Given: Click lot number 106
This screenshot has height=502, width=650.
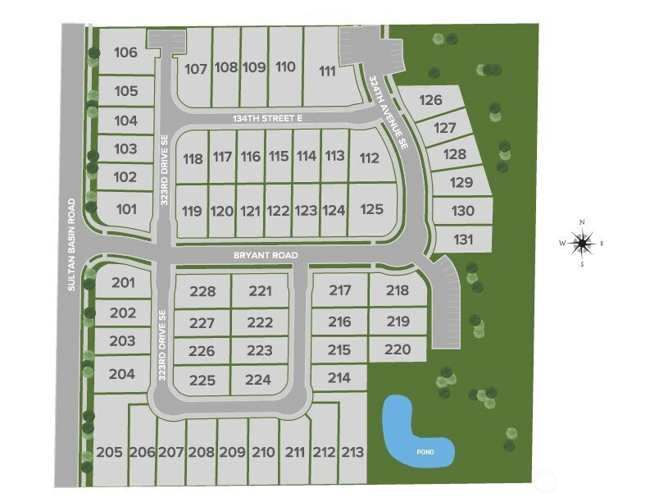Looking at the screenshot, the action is pos(125,52).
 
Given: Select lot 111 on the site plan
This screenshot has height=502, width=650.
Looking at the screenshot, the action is pos(327,71).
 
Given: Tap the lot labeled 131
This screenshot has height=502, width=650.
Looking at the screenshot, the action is pos(463,240).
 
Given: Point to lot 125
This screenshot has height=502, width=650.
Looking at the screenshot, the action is pos(371,209).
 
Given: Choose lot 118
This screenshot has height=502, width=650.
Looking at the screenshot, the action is pos(193,158).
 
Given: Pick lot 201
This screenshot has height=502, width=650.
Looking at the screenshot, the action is pos(123,283).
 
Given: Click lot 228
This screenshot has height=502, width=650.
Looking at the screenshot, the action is pos(202,291).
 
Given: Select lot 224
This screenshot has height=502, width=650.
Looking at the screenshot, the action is pos(258,380).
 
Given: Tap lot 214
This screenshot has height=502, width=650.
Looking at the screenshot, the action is pos(339,377).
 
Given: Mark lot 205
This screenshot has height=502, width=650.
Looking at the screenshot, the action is pos(109,452).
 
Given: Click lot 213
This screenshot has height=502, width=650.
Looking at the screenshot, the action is pos(352,452).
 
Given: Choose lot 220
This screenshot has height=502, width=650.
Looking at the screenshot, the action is pos(397,349).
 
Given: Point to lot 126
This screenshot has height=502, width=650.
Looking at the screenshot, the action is pos(431,101).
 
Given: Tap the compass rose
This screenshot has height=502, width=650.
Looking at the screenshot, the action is pos(582,242).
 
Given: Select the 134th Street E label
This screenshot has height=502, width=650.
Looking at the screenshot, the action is pos(267,119).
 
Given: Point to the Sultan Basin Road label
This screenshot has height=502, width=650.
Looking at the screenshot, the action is pos(72,244).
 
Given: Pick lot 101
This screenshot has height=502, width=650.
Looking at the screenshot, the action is pos(126,209).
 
